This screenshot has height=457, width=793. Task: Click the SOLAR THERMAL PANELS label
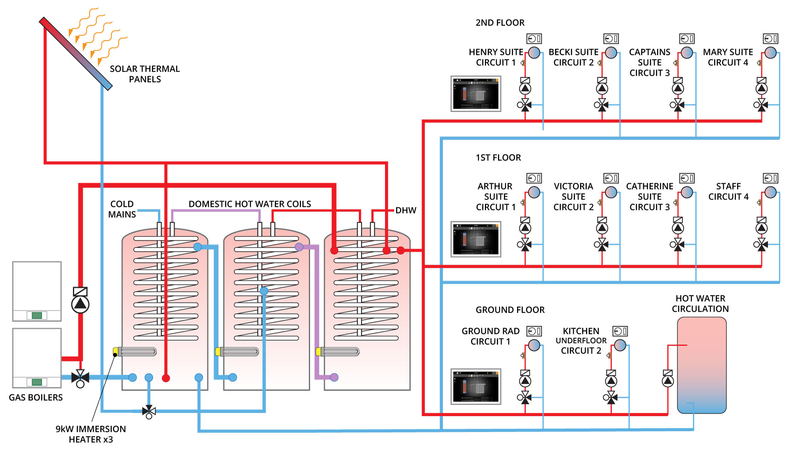tap(145, 74)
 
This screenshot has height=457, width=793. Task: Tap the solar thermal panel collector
tap(75, 53)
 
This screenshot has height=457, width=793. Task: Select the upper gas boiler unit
tap(37, 291)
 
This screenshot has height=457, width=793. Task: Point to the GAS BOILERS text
tap(36, 397)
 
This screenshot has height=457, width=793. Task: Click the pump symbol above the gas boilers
tap(80, 304)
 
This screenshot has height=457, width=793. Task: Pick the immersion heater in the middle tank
tap(238, 351)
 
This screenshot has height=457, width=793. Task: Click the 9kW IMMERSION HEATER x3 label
tap(91, 434)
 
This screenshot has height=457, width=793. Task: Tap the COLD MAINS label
tap(122, 209)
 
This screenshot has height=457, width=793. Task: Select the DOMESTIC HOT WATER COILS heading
tap(250, 204)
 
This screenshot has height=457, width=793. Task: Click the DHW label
tap(406, 210)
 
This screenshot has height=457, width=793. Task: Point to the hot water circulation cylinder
tap(701, 365)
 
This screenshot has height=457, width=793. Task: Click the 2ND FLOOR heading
tap(500, 23)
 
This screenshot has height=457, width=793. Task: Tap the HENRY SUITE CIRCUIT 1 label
tap(496, 57)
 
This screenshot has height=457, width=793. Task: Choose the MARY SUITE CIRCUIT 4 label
tap(728, 57)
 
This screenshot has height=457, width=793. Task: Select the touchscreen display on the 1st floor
tap(476, 239)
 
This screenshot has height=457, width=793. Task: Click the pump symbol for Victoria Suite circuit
tap(602, 228)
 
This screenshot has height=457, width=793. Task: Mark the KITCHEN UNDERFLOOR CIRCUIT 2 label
tap(581, 341)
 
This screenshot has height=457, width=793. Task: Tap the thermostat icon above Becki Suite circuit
tap(611, 38)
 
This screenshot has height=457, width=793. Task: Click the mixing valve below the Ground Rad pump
tap(525, 397)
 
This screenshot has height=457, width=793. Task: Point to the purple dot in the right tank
tap(334, 377)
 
